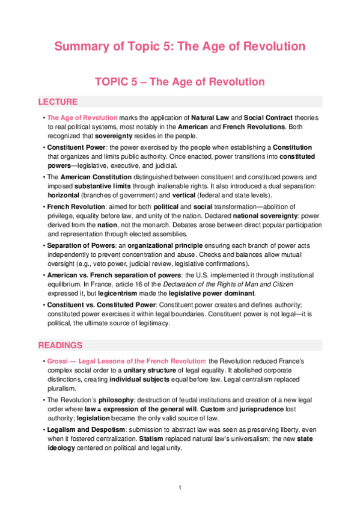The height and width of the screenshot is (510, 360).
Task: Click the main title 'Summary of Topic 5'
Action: [x=180, y=46]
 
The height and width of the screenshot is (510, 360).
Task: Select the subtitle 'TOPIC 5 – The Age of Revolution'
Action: [x=180, y=81]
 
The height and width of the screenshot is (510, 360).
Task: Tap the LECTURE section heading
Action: [x=58, y=102]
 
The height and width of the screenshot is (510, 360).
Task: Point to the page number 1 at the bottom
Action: [x=180, y=487]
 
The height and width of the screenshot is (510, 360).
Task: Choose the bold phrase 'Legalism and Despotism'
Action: [x=85, y=430]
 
